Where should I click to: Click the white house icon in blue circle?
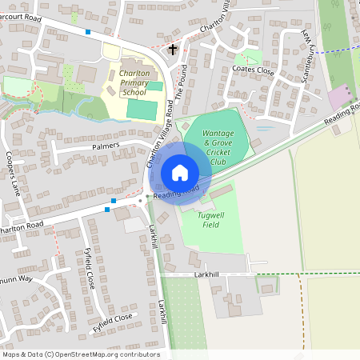180,172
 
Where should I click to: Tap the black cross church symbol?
172,50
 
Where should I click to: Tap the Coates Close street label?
253,70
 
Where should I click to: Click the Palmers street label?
105,146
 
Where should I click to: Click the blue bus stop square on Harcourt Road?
87,32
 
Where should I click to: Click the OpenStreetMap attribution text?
81,354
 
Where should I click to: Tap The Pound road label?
181,83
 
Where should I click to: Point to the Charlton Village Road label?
158,142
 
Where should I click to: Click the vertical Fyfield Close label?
90,269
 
